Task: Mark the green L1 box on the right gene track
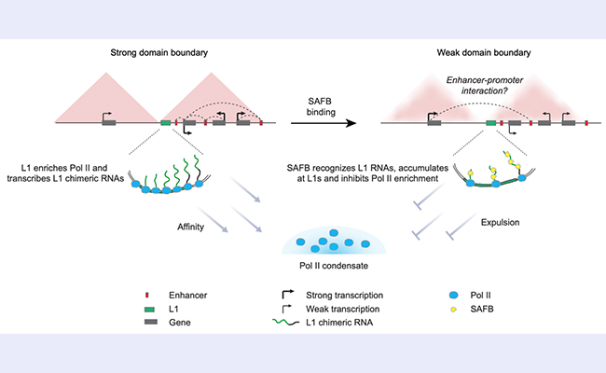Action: coord(490,122)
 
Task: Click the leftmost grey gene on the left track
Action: coord(109,122)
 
